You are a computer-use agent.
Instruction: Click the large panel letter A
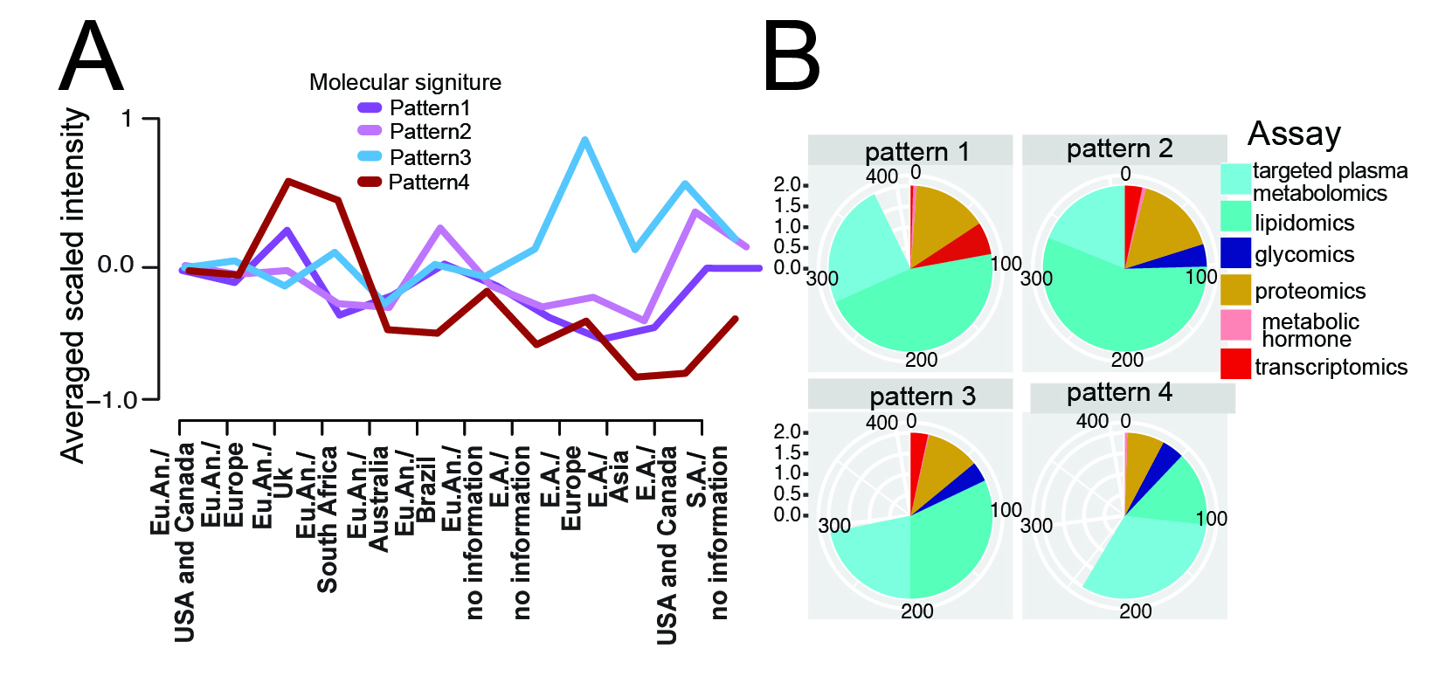point(91,58)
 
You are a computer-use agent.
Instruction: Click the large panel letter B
point(792,58)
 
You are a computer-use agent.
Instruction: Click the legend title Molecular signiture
point(405,82)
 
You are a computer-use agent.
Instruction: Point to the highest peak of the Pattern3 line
point(584,140)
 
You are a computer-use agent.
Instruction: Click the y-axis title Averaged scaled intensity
point(75,286)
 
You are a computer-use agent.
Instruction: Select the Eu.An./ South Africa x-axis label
point(317,519)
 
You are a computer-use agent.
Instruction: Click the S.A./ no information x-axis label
point(709,532)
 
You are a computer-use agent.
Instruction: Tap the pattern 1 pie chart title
point(916,152)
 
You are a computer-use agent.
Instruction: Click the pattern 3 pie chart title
point(922,397)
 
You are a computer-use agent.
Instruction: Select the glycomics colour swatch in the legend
point(1235,253)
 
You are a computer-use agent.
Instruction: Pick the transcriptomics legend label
point(1331,367)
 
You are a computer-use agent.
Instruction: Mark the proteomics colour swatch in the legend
point(1235,290)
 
